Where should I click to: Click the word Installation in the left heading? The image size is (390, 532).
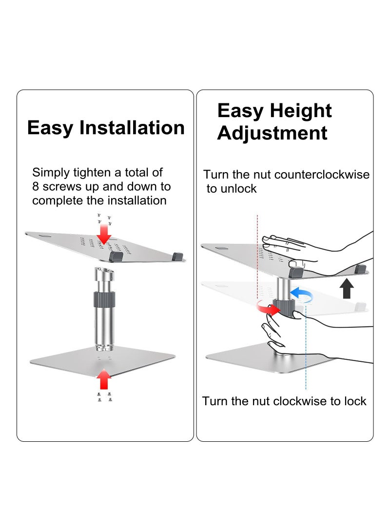click(x=132, y=128)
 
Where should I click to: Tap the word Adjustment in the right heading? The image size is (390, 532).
click(x=272, y=133)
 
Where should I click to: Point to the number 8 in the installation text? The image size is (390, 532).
click(x=36, y=186)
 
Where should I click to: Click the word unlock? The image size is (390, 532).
click(x=238, y=189)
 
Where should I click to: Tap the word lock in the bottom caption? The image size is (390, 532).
click(x=355, y=401)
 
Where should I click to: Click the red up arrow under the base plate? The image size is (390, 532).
click(x=103, y=378)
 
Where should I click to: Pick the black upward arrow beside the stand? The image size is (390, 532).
click(x=347, y=289)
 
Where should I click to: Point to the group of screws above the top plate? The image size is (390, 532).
click(x=104, y=219)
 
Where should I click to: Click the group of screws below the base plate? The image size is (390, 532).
click(x=103, y=397)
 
